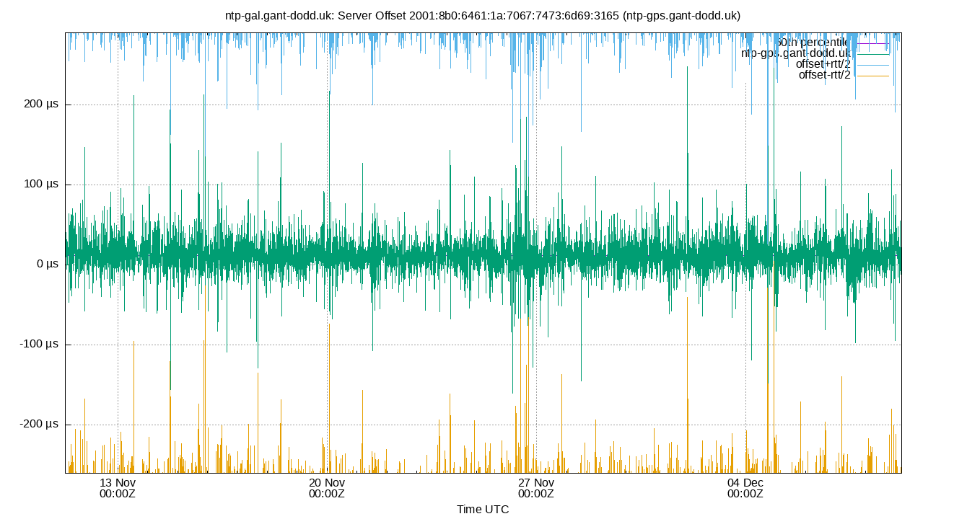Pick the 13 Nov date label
pos(117,482)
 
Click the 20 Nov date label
pos(326,482)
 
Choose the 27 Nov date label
pos(535,482)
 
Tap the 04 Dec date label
pos(745,482)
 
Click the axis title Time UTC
pos(483,510)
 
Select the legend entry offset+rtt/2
pos(823,64)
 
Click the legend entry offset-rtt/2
pos(824,75)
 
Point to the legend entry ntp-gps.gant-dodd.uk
pos(796,53)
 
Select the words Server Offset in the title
pos(374,15)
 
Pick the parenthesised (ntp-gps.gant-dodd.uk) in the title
pos(682,15)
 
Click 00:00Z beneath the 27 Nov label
pos(535,494)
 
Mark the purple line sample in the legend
pos(872,43)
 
